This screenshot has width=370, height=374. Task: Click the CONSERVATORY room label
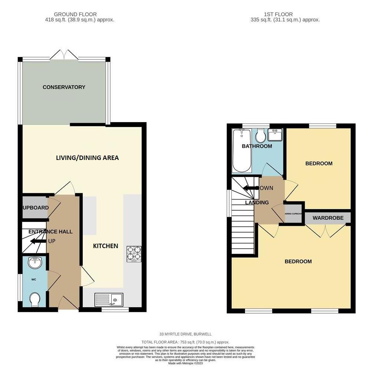64,87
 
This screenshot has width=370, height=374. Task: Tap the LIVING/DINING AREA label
87,158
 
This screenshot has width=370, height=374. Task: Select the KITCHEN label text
105,246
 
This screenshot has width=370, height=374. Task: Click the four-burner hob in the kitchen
134,254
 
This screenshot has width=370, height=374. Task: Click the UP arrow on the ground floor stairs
37,241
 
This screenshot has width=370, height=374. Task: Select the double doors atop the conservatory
64,55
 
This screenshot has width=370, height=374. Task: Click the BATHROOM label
257,146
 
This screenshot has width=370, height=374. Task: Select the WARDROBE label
328,218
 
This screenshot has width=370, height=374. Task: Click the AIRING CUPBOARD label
293,214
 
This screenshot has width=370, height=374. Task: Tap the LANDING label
257,203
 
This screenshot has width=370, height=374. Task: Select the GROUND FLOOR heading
75,14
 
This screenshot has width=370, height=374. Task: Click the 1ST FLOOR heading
273,14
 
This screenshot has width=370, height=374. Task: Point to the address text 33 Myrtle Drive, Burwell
185,334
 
